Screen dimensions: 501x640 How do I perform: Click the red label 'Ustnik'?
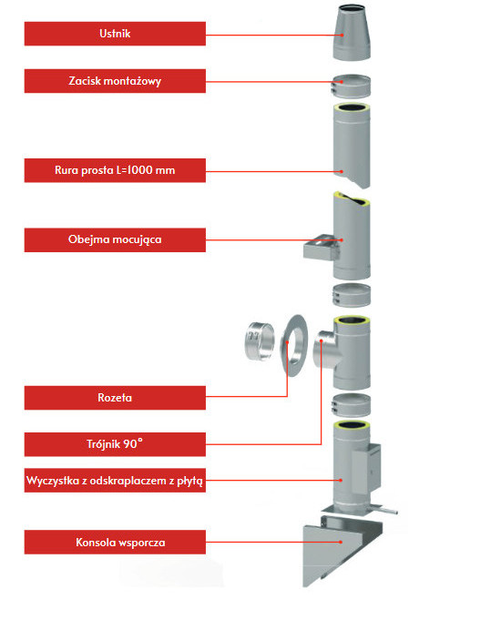coord(115,34)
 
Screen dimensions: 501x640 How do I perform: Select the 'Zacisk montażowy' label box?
coord(115,81)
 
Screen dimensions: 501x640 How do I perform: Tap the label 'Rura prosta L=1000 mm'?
coord(115,170)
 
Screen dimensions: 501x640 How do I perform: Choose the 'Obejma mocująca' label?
coord(115,239)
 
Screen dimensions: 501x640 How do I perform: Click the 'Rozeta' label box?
coord(115,398)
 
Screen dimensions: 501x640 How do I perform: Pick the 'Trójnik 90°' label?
coord(115,444)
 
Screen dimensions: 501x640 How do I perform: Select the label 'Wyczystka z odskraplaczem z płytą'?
coord(115,481)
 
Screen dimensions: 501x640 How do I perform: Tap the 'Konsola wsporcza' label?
coord(115,542)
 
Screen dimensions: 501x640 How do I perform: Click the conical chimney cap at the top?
coord(352,33)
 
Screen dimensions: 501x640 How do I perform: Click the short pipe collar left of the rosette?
coord(260,340)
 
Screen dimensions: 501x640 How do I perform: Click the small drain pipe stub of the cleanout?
coord(390,511)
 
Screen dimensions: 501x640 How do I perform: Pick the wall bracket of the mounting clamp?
coord(321,247)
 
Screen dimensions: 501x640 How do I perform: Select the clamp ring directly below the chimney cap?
coord(352,86)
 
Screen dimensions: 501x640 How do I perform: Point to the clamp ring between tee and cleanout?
coord(352,405)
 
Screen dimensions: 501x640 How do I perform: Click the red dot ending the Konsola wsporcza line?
coord(341,542)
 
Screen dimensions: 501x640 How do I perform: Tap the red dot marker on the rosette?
coord(288,342)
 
